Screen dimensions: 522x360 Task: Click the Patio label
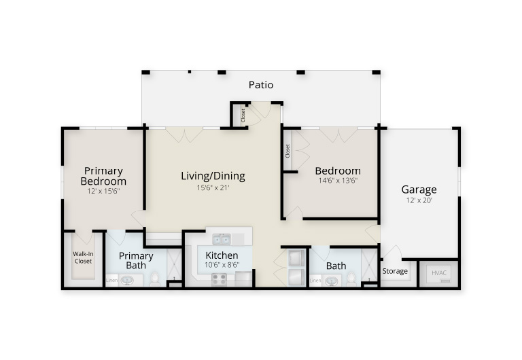(261, 85)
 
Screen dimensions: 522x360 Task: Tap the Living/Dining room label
(213, 176)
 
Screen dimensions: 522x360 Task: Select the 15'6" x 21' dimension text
(213, 187)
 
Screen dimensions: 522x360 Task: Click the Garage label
(419, 190)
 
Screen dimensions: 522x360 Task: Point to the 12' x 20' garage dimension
(419, 200)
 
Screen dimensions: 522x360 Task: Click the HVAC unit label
(439, 273)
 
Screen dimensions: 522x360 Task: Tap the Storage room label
(395, 271)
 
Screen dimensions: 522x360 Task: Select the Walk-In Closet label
(83, 258)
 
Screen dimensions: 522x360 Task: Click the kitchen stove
(219, 279)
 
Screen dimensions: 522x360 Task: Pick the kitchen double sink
(222, 239)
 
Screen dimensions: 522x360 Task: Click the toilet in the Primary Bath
(155, 279)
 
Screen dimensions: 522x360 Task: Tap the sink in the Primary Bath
(127, 281)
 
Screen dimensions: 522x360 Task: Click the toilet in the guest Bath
(351, 279)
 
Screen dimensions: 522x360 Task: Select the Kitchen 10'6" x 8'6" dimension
(222, 265)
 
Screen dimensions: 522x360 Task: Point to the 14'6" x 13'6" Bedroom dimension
(338, 181)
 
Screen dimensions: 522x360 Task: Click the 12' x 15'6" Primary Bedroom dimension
(103, 192)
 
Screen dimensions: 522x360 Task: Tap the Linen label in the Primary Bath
(111, 281)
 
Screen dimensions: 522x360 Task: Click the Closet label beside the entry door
(243, 115)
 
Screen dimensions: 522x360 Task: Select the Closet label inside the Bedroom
(288, 151)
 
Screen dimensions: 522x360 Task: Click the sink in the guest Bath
(332, 281)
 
